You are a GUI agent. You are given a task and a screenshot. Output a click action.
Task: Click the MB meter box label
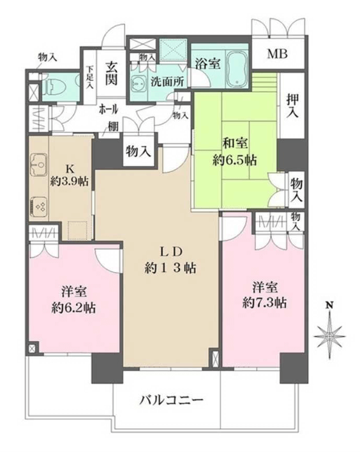tap(277, 54)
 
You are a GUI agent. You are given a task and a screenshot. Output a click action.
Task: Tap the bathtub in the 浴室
tap(237, 69)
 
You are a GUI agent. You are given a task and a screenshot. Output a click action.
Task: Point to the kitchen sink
tap(39, 165)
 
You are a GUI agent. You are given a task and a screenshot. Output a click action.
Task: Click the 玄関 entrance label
tap(110, 73)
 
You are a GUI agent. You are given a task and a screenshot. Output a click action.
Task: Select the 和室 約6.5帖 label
tap(235, 151)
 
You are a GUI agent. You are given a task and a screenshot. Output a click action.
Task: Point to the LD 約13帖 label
tap(170, 260)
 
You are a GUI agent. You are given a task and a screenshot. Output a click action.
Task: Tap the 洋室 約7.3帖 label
tap(264, 295)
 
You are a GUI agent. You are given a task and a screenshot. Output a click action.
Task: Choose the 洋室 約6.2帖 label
tap(74, 300)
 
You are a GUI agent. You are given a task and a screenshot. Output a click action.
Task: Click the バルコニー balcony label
tap(172, 400)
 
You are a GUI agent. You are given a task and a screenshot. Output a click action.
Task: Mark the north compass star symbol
tap(329, 336)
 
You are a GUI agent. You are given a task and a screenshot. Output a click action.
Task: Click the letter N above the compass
tap(328, 305)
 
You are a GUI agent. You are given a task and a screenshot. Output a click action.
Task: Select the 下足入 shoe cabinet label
tap(90, 77)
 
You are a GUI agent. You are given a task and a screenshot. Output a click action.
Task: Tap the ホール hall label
tap(108, 109)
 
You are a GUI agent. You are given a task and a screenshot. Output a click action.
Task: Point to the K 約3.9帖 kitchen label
tap(69, 175)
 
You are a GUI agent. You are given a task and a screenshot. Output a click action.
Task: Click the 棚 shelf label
tap(113, 126)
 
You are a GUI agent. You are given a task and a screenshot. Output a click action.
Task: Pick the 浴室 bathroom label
tap(208, 63)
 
